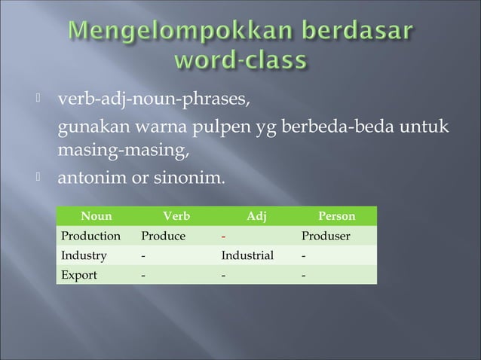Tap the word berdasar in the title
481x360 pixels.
[353, 34]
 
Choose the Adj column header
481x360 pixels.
[256, 218]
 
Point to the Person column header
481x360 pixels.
[337, 218]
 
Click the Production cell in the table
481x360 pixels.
[90, 236]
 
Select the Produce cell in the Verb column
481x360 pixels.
[164, 236]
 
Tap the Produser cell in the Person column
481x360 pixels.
[326, 236]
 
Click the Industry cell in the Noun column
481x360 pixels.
[84, 255]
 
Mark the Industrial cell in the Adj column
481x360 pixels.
[247, 255]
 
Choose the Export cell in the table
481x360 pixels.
[79, 275]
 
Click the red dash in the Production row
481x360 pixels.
[224, 236]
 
